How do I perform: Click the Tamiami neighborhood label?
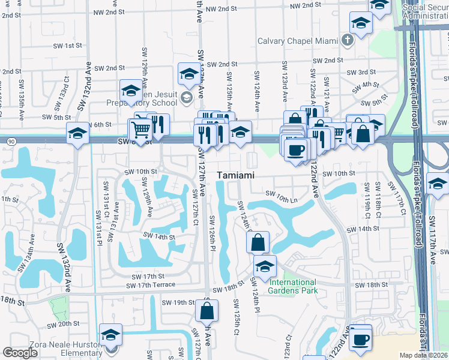236,175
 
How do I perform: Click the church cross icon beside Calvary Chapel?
347,41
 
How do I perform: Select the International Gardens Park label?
292,286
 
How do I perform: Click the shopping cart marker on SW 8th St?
141,130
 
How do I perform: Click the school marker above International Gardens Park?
264,266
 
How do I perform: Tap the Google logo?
20,353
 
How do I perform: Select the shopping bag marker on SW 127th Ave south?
206,311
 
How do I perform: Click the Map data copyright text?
424,355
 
